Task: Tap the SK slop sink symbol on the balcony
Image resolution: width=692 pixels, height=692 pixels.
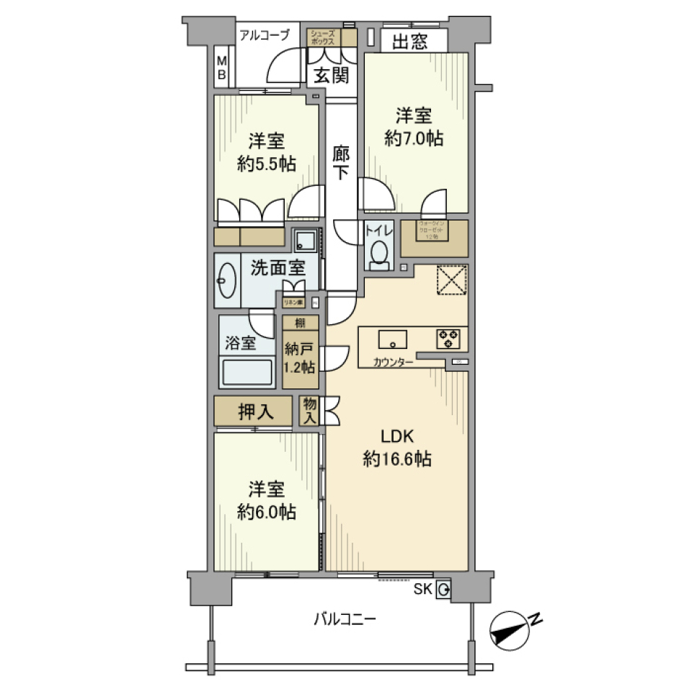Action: pos(443,590)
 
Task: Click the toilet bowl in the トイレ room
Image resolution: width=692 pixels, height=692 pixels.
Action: pos(378,253)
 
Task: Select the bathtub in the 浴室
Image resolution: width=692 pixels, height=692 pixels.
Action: pos(247,373)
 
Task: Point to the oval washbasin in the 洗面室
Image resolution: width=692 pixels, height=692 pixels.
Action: pos(226,280)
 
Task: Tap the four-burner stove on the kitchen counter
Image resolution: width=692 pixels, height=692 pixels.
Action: pos(446,339)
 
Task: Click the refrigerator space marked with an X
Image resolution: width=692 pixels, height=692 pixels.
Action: pos(452,280)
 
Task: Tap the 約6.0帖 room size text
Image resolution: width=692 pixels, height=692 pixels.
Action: pos(266,511)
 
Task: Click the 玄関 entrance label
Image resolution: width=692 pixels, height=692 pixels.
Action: pos(329,74)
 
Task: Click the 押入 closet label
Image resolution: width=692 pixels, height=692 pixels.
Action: pos(255,412)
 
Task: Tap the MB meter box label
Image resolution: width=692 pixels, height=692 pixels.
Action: pos(222,68)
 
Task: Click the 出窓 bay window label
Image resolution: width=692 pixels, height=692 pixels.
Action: pos(409,42)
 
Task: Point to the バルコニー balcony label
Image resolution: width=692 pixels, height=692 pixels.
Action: pos(344,618)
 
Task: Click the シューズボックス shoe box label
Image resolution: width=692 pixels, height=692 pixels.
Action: pos(322,37)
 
